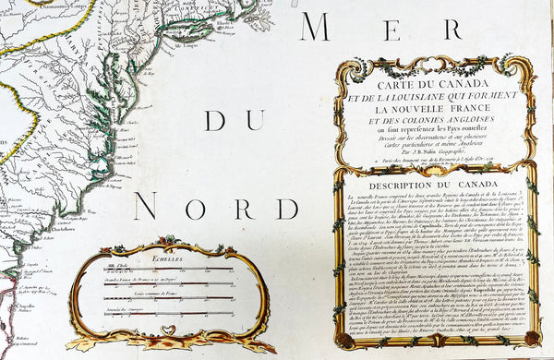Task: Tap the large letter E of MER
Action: click(384, 28)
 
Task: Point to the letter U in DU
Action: click(235, 121)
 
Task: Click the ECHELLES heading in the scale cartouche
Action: click(169, 261)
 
